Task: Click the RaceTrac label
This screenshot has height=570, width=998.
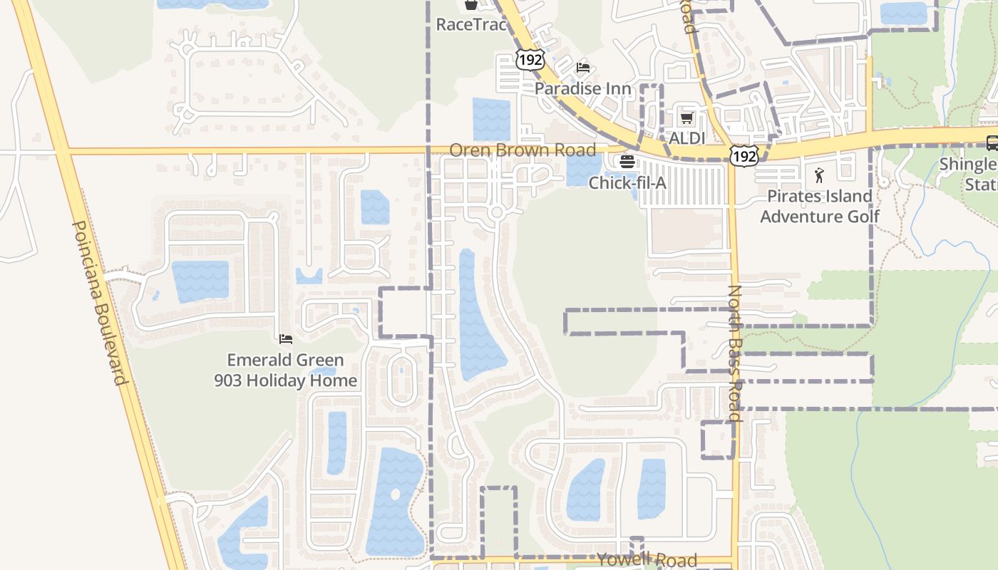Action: click(471, 24)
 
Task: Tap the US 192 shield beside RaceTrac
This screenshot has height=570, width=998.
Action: click(530, 60)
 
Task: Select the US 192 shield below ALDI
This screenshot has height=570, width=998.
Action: click(743, 156)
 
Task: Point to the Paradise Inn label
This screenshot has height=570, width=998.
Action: click(583, 88)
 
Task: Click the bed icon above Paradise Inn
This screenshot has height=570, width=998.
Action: click(583, 68)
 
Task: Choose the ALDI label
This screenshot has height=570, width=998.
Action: click(686, 138)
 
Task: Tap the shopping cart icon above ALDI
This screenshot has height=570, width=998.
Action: click(686, 118)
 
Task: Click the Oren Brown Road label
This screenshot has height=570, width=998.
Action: click(522, 150)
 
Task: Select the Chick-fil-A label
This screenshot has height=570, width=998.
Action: click(627, 183)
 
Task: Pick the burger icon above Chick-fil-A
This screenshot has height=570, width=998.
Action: click(627, 162)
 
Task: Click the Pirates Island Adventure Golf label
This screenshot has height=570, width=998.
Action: click(819, 206)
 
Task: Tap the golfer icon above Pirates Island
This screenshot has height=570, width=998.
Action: click(819, 175)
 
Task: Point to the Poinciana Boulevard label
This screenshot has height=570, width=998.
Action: click(99, 302)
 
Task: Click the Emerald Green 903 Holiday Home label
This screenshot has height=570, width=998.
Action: click(286, 370)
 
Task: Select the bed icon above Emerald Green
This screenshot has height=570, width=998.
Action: click(286, 339)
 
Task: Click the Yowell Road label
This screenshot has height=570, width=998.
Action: click(647, 559)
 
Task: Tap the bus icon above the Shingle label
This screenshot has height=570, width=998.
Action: click(992, 142)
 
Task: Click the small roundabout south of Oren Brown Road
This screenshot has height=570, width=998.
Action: click(497, 212)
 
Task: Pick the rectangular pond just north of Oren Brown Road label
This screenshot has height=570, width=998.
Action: click(491, 119)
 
